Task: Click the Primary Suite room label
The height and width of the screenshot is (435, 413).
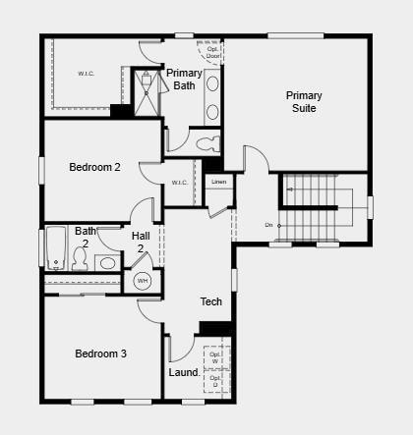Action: point(304,102)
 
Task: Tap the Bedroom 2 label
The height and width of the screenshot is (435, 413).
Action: point(94,167)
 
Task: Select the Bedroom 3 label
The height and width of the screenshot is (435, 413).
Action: point(100,353)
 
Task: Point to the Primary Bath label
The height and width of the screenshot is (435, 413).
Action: point(184,80)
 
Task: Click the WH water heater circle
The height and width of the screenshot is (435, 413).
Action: point(143,281)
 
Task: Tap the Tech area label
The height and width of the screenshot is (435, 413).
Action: point(211,301)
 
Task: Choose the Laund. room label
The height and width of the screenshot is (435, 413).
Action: point(184,373)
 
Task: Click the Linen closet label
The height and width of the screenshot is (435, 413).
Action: point(218,182)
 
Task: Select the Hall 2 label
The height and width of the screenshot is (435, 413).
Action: point(141,242)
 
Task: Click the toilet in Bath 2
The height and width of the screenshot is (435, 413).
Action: point(81,260)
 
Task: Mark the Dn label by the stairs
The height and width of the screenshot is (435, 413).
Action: point(268,225)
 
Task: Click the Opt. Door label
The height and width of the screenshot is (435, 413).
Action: point(213,52)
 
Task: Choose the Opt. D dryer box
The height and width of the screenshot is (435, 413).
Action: point(214,381)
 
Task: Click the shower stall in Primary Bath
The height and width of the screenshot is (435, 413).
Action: point(147,92)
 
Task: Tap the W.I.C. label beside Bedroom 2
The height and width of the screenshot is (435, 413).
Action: point(179,183)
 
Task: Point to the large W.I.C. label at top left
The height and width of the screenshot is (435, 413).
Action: point(86,74)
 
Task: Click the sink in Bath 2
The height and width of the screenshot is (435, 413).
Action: point(106,263)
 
